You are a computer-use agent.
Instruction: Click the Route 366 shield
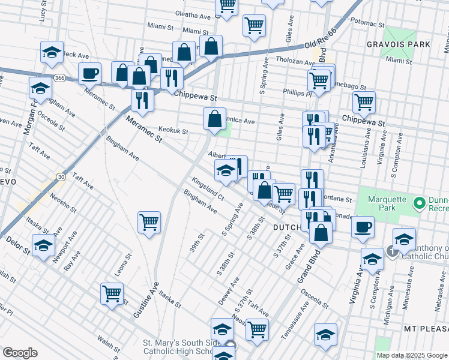[59, 78]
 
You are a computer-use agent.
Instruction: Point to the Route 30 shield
[61, 176]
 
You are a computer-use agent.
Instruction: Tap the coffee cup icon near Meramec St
[90, 74]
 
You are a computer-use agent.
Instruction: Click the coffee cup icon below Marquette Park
[363, 227]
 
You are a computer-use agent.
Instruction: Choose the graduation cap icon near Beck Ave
[52, 53]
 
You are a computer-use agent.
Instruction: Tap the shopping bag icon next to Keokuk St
[214, 119]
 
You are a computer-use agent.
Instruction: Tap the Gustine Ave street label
[146, 300]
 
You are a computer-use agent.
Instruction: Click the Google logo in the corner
[20, 353]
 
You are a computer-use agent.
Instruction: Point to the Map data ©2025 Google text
[412, 355]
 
